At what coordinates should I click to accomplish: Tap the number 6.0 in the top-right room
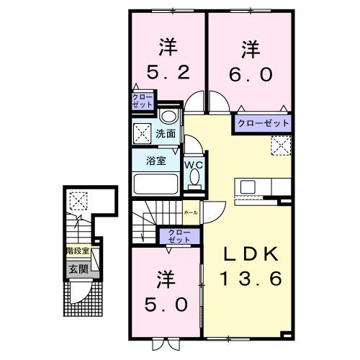point(250,73)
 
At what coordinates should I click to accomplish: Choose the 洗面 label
point(166,134)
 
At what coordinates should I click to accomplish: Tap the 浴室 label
point(156,161)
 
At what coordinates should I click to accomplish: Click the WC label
point(194,164)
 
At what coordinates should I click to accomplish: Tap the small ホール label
point(191,214)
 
